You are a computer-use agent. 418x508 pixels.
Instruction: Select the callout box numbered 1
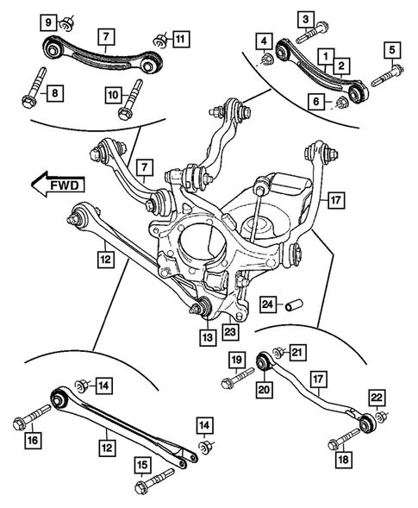pos(327,57)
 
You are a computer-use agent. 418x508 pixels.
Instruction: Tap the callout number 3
pos(305,18)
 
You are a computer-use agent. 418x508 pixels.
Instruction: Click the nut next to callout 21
pos(278,353)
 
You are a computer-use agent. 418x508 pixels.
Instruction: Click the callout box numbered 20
pos(263,389)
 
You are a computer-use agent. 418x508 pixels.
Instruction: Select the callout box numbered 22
pos(376,398)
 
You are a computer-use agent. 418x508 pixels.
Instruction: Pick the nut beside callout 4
pos(265,61)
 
